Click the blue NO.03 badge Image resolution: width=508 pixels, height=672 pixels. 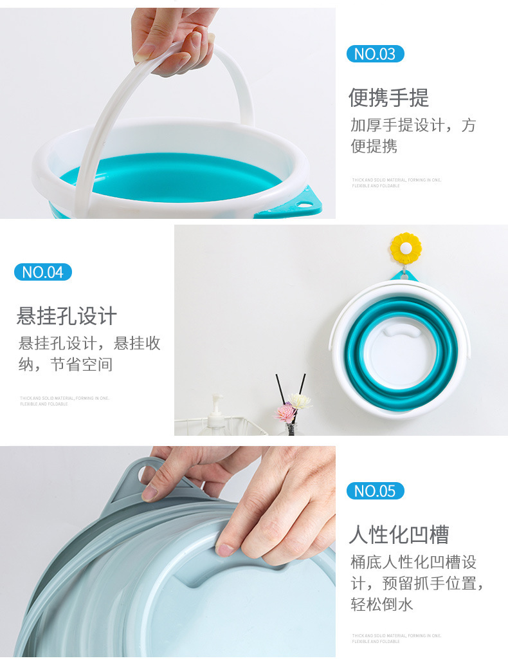pos(375,54)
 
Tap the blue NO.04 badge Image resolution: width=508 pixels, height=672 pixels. pos(43,272)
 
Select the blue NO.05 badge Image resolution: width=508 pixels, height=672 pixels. pos(375,491)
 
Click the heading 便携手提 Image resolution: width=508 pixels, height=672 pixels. pos(388,98)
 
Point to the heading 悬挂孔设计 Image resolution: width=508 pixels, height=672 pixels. pos(67,316)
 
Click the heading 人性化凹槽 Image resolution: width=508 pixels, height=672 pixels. pos(399,534)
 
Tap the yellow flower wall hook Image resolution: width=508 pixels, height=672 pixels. pos(406,248)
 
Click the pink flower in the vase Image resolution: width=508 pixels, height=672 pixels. pos(285,413)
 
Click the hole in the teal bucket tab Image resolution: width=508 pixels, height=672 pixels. pos(305,204)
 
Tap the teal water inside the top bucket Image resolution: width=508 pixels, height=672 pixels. pos(174,177)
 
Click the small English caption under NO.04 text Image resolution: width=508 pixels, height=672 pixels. pos(64,401)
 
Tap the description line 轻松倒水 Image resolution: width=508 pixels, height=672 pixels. pos(382,604)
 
